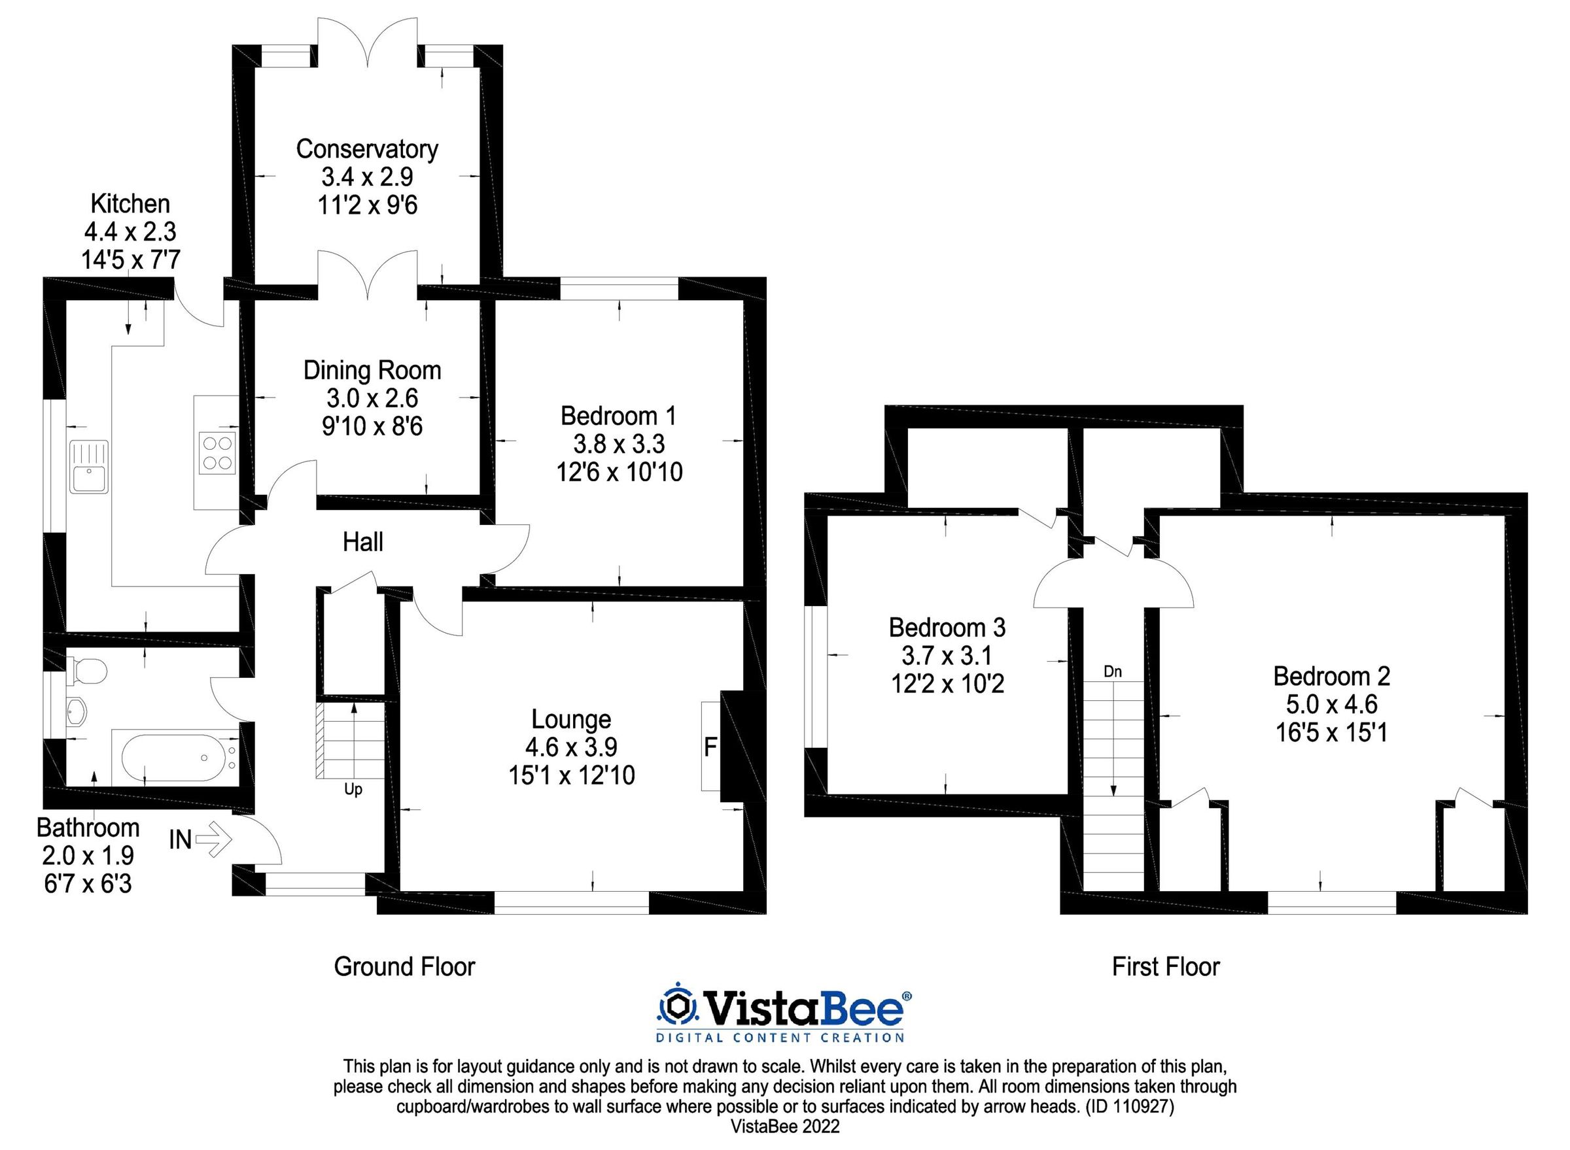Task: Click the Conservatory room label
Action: [367, 149]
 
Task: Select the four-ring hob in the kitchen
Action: [217, 453]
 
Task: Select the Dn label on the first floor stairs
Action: [1112, 672]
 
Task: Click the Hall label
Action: [363, 542]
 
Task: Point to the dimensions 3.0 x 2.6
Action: [372, 398]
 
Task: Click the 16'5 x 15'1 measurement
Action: [1331, 733]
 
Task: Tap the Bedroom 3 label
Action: [947, 628]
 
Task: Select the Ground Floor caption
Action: [404, 967]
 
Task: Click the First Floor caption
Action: [1165, 967]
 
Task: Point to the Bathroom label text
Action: [88, 828]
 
